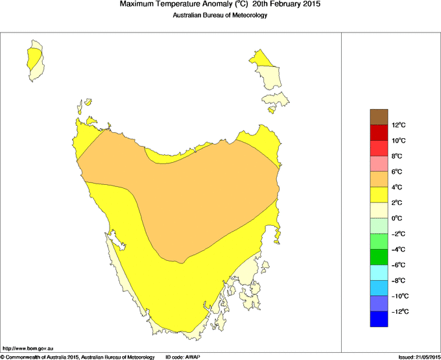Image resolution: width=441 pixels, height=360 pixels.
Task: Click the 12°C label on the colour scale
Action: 398,125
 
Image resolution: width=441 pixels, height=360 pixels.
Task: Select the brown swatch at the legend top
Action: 379,117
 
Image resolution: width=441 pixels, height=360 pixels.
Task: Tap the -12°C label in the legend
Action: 398,312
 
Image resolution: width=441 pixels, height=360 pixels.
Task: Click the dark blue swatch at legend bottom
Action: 379,319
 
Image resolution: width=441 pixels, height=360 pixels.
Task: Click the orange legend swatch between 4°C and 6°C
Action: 379,179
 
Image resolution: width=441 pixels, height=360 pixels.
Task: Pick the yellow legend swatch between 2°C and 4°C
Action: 379,195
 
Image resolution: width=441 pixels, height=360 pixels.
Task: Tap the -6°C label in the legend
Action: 398,265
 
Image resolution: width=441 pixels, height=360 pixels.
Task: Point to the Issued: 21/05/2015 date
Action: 418,357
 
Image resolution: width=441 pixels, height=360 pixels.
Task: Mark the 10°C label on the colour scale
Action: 398,141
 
